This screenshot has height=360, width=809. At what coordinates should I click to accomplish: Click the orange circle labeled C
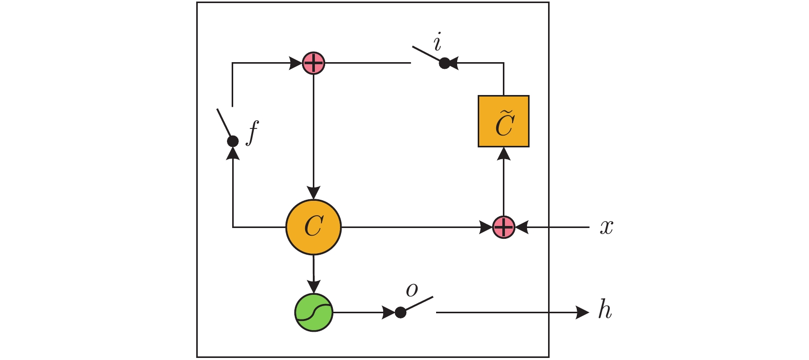(313, 226)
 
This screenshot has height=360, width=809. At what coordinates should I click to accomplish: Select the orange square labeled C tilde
(503, 121)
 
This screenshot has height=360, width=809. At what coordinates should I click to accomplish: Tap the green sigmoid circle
(314, 312)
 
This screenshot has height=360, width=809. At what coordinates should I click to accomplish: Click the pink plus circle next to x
(503, 227)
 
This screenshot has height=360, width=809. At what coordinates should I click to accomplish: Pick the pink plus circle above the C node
(313, 63)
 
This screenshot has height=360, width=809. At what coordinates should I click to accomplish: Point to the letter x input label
(607, 227)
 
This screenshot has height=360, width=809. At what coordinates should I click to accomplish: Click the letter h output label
(605, 311)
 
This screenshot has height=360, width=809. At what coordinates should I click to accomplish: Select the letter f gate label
(252, 132)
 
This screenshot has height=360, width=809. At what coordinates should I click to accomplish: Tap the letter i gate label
(438, 43)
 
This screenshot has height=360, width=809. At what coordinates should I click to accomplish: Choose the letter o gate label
(412, 290)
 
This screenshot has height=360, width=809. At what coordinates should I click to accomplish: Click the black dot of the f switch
(233, 141)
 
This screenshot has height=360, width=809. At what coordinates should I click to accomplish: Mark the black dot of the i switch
(445, 63)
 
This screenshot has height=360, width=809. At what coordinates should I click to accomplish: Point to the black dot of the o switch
(401, 312)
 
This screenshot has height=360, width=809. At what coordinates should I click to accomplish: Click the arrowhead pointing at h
(583, 312)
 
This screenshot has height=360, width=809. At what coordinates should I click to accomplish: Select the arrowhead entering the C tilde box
(503, 154)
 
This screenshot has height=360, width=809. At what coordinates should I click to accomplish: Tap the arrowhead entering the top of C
(313, 193)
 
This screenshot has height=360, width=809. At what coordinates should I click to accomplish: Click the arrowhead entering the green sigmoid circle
(313, 287)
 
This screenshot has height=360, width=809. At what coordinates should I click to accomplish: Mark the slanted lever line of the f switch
(224, 124)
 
